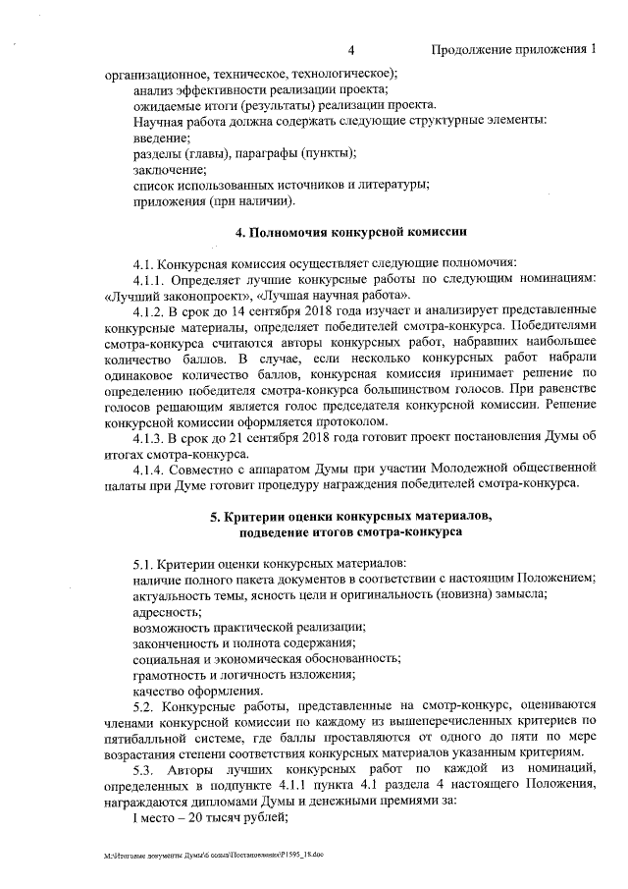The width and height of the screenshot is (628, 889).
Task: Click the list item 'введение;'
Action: [162, 138]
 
